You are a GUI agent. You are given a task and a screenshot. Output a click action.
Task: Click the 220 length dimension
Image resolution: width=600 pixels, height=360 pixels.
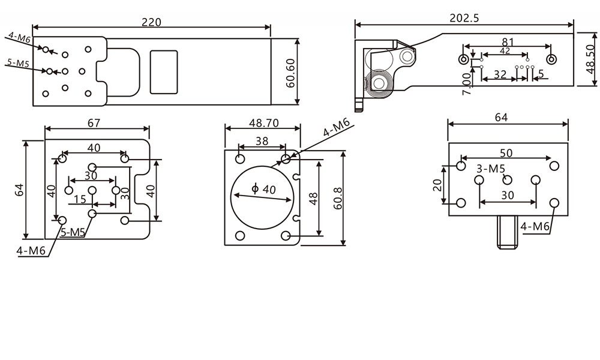[x=152, y=22]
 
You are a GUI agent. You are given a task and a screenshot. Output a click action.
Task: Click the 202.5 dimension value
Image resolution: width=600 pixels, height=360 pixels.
[x=464, y=18]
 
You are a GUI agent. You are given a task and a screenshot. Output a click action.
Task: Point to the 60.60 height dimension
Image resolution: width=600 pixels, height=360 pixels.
[x=290, y=73]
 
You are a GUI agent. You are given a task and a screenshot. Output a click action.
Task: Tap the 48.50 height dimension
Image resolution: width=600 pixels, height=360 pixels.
[x=591, y=59]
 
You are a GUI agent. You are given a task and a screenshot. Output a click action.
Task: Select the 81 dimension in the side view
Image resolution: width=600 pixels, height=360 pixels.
[x=508, y=42]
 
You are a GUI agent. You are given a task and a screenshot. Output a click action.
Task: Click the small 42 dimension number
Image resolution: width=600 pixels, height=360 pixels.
[x=505, y=50]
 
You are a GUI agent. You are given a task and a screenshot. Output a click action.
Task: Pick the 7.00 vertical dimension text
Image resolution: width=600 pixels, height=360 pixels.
[x=466, y=84]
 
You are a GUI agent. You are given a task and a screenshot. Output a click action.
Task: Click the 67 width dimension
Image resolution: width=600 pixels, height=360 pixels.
[x=94, y=123]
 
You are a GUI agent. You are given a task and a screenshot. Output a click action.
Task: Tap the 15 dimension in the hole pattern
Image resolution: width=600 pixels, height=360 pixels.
[x=80, y=199]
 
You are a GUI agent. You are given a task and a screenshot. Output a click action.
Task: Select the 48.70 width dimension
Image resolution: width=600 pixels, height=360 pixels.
[x=264, y=123]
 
